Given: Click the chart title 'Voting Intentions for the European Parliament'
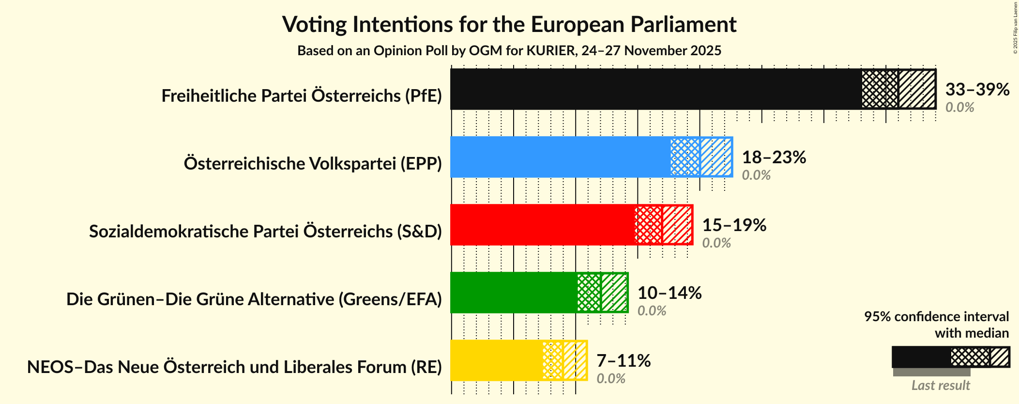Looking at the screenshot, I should coord(509,24).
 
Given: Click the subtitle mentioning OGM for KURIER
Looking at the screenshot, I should coord(509,50).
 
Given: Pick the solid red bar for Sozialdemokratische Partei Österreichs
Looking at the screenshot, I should coord(543,225).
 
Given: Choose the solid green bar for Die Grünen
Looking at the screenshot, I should coord(514,293).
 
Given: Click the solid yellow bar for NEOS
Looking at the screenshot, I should coord(497,360).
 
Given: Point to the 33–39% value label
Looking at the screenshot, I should coord(977,89).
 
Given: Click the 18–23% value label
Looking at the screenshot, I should coord(774,157).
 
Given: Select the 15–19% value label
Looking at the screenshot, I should coord(734,225).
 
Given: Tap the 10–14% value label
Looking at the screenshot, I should coord(669,293).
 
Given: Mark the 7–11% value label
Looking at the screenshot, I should coord(623,360).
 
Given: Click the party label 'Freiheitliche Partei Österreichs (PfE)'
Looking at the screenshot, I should coord(302,95).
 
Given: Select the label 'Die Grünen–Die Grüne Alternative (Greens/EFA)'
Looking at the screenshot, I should coord(254,299).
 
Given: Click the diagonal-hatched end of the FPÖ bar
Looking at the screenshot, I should coord(917,89).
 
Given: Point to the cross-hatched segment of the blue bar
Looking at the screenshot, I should coord(685,157).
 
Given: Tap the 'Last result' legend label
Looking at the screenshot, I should coord(941,385).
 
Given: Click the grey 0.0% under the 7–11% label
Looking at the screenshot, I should coord(610,378).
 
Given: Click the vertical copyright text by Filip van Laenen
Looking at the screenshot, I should coord(1015,28).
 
